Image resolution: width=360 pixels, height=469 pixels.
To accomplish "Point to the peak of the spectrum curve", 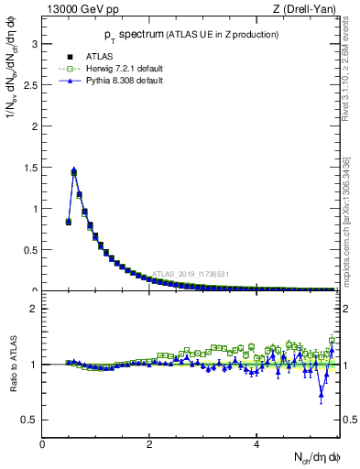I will click(x=73, y=170).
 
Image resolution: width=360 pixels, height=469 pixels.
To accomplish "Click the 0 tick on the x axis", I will click(x=42, y=445).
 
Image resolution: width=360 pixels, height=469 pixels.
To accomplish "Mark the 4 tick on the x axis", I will click(x=256, y=445).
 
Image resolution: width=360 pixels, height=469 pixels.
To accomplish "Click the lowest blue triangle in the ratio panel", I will click(x=321, y=396).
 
